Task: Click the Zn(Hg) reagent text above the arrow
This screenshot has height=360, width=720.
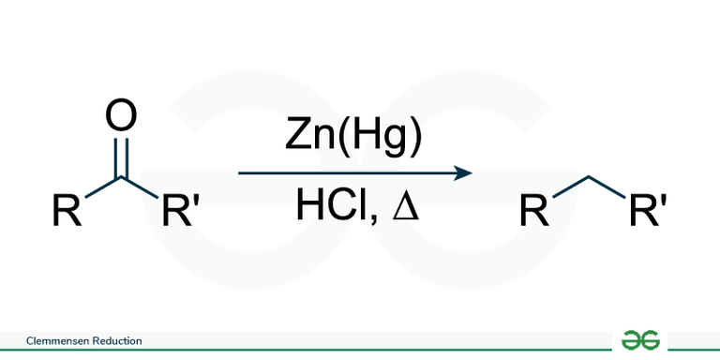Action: [x=353, y=138]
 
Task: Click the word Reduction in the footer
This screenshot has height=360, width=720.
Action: [x=117, y=341]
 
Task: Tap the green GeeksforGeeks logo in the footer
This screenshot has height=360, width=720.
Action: [x=641, y=339]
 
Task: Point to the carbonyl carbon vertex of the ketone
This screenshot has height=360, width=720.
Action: [x=121, y=178]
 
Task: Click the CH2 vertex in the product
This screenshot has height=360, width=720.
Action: [x=590, y=178]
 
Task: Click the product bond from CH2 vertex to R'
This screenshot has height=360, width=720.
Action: [x=607, y=187]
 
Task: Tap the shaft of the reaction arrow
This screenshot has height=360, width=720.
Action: [x=347, y=173]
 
